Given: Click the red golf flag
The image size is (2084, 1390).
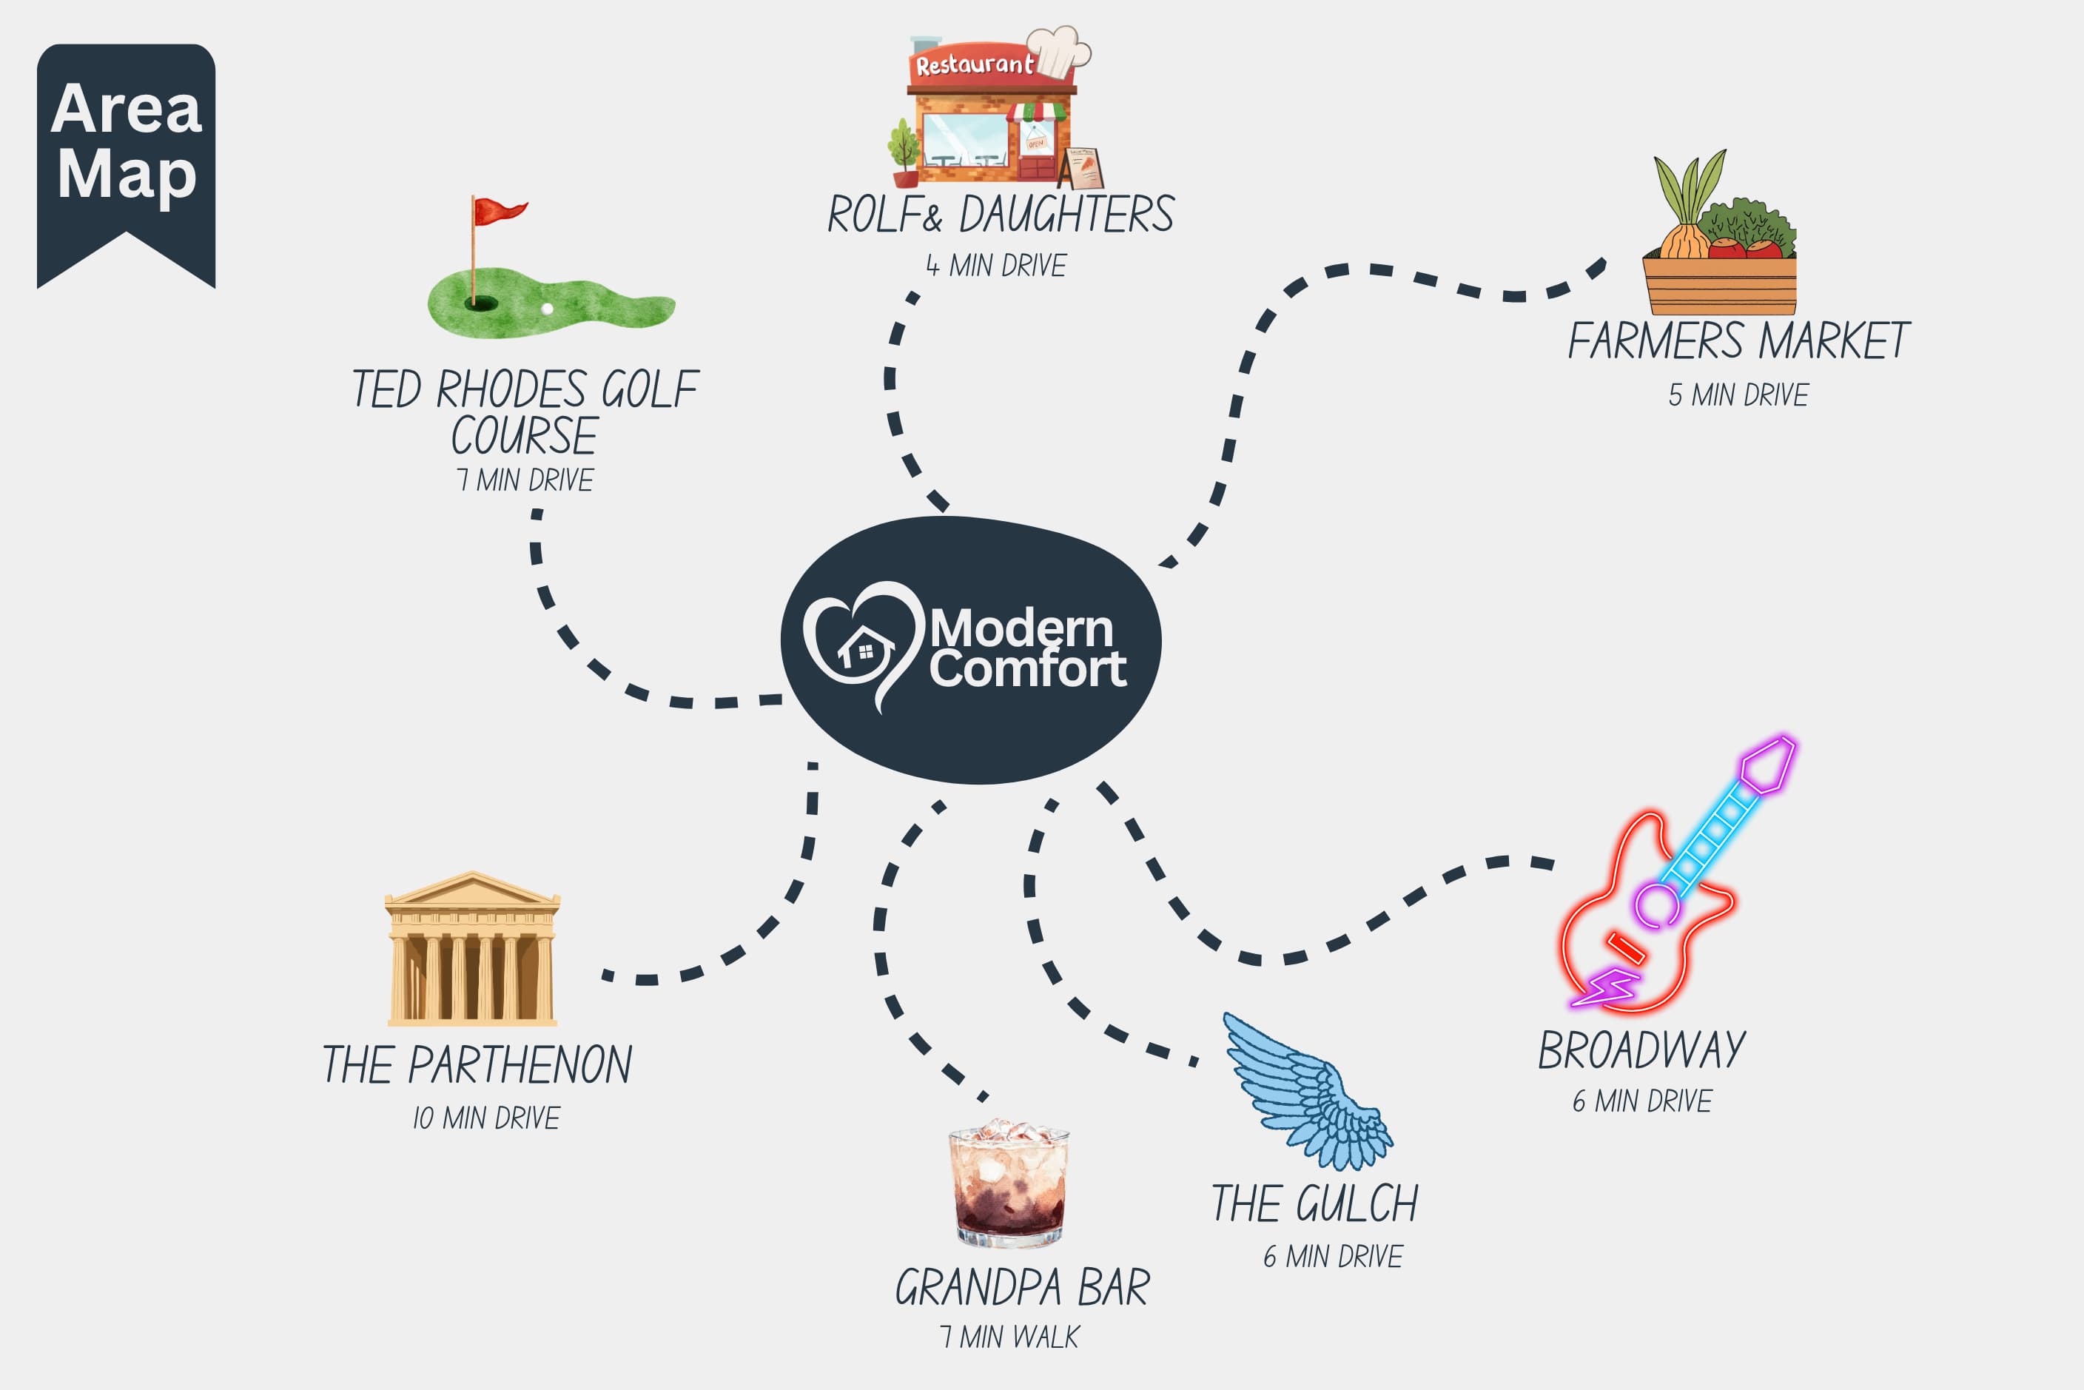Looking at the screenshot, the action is tap(499, 212).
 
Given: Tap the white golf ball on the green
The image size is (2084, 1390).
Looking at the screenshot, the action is tap(547, 309).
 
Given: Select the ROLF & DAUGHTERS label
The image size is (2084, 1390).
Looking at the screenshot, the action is tap(1001, 215).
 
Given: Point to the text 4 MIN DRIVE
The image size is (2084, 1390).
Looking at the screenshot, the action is tap(996, 265).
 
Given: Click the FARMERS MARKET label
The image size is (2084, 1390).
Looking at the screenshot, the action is tap(1738, 341).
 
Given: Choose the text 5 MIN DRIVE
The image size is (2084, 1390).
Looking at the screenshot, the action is tap(1738, 394).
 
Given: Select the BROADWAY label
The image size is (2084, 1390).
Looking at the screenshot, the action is tap(1641, 1050).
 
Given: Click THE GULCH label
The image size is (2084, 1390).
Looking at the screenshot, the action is tap(1314, 1203).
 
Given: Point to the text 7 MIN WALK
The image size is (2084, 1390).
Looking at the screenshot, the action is tap(1009, 1337).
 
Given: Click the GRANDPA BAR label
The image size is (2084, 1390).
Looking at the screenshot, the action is tap(1022, 1288).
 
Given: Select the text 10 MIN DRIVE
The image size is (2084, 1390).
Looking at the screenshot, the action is tap(485, 1118).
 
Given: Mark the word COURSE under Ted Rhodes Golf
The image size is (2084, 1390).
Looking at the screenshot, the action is tap(524, 436).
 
